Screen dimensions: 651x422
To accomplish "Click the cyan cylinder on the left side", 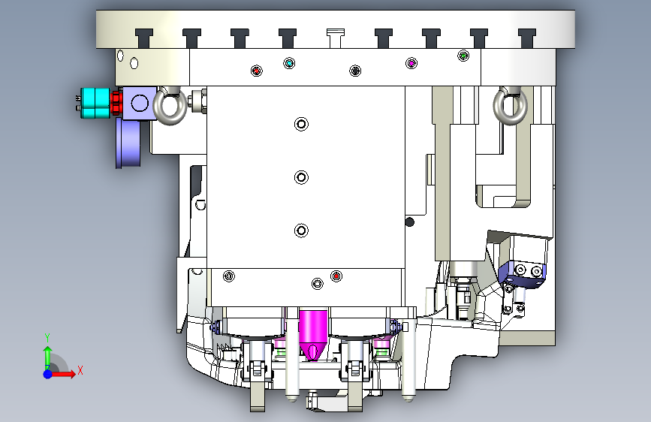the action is [95, 103].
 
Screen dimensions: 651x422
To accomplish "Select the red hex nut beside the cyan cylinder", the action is [116, 103].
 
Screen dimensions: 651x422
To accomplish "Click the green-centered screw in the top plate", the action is [463, 56].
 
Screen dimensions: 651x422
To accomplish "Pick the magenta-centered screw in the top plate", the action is [411, 63].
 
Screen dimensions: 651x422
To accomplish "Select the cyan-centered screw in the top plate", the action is [289, 63].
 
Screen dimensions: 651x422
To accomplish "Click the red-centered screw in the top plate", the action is [257, 71].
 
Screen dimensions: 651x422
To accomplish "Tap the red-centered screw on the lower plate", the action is [336, 276].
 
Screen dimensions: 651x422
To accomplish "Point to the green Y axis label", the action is [47, 338].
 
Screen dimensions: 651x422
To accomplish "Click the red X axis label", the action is [80, 370].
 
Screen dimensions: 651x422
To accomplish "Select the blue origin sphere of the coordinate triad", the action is [48, 374].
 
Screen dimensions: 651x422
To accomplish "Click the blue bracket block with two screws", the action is [523, 273].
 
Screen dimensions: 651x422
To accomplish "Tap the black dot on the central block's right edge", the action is [409, 222].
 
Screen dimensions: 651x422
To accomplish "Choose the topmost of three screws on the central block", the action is [301, 124].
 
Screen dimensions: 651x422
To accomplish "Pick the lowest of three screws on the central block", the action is [301, 231].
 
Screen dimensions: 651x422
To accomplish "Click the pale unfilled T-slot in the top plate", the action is [336, 38].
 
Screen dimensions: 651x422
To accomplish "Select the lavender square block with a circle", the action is [140, 104].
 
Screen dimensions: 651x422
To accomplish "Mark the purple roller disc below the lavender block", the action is [128, 143].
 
